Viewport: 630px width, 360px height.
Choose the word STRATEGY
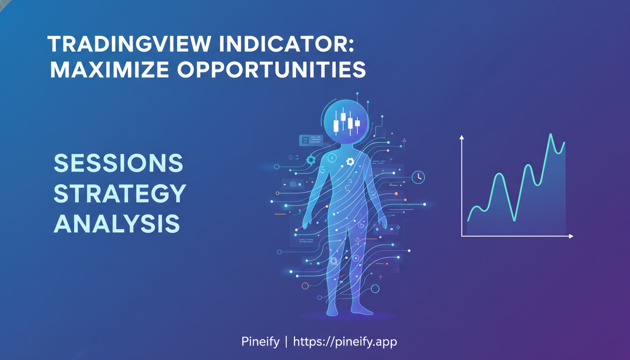point(120,194)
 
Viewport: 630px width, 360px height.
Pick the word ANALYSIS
point(117,224)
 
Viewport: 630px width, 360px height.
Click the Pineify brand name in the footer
point(259,342)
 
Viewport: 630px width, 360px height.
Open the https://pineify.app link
point(345,342)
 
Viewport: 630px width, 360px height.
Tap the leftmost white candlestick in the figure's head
point(336,125)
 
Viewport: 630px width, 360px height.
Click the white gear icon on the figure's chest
point(350,162)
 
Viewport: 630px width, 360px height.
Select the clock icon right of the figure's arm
point(418,177)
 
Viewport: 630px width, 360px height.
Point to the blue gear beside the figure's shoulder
point(311,160)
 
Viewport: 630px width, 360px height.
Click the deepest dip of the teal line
point(514,220)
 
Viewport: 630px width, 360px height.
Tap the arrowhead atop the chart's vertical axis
point(462,137)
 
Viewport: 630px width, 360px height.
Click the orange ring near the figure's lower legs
point(305,285)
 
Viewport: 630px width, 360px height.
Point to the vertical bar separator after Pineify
point(285,342)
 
